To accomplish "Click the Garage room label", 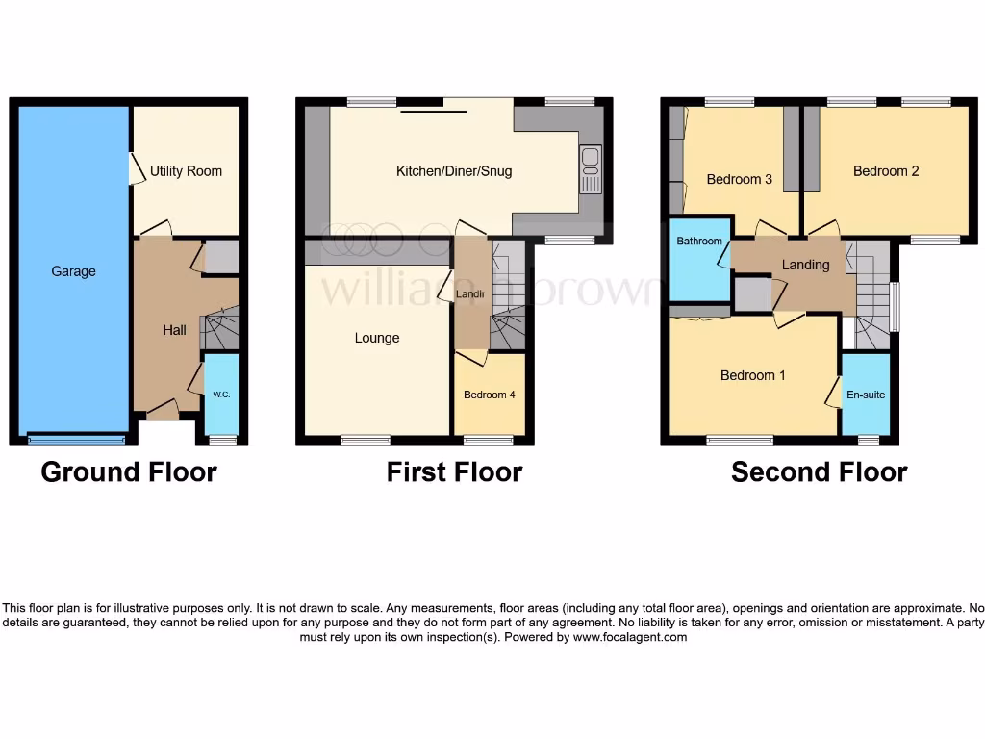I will point(73,271).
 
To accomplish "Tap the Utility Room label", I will point(186,171).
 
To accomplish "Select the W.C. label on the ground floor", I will point(221,395).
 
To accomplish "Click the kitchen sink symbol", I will point(591,169).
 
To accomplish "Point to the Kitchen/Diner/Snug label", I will point(454,171).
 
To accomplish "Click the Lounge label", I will point(377,338).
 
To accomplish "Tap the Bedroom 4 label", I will point(490,395).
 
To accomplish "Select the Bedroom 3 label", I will point(739,179).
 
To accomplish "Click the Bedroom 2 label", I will point(886,171).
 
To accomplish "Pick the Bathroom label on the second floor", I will point(698,242).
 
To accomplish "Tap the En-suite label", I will point(866,395).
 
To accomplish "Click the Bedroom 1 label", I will point(753,375).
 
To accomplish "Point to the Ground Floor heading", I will point(129,472).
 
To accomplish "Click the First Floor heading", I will point(454,472).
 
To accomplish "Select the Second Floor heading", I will point(819,472).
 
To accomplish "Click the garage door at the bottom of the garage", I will point(76,440).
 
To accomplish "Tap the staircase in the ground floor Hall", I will point(218,330).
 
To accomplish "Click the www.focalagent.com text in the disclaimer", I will point(630,637).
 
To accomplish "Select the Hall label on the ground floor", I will point(174,330).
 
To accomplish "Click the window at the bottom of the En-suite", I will point(868,440).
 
